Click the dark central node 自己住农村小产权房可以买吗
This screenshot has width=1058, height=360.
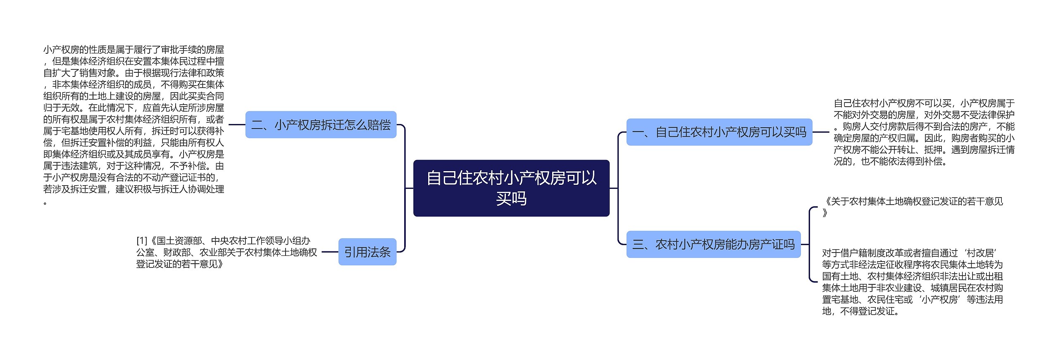[511, 188]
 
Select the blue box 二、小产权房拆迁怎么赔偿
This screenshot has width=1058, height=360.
[321, 125]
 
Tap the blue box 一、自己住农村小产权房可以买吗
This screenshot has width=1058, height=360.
[719, 132]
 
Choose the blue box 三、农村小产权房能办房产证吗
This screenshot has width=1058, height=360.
[713, 245]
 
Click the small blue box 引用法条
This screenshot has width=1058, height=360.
[367, 252]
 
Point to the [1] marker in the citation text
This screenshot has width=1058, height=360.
[142, 241]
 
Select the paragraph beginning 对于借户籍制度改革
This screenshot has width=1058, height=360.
[912, 281]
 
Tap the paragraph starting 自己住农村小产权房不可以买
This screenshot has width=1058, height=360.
[924, 132]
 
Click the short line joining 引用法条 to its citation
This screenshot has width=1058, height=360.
[330, 252]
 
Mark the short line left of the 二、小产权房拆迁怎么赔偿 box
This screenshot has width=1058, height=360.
[237, 124]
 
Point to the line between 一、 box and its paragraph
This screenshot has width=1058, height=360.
[821, 132]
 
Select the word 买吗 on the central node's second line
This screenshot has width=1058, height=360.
[511, 199]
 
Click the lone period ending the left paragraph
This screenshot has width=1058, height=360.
[45, 203]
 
